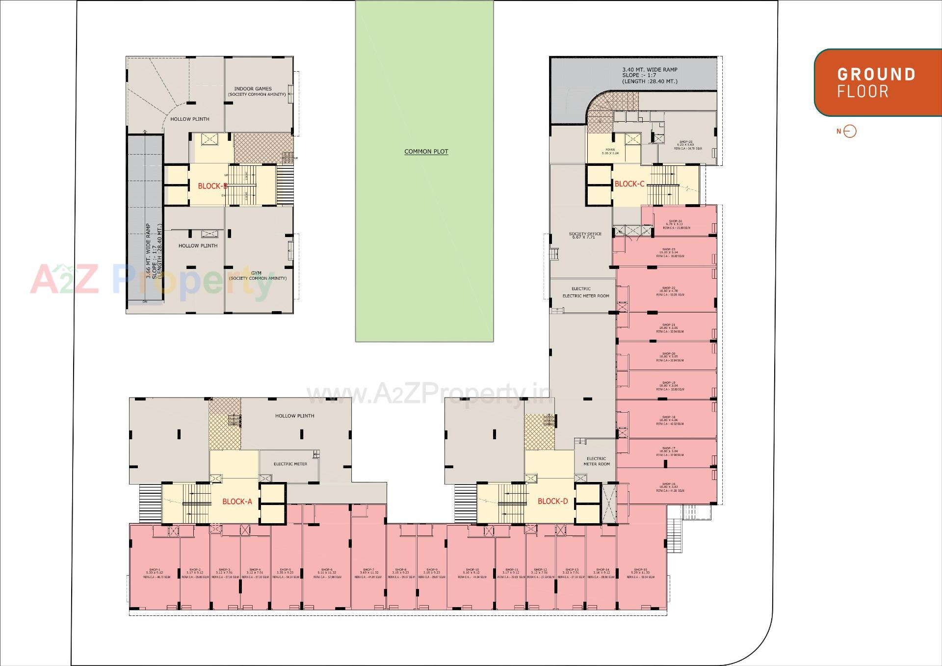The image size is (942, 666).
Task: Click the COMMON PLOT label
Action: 426,152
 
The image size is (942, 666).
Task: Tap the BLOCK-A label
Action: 237,502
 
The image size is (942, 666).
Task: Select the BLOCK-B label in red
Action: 212,186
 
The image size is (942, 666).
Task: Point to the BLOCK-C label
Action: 629,184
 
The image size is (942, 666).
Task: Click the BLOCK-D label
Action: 552,501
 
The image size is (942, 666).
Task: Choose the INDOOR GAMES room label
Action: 253,89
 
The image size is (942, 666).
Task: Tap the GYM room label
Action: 256,273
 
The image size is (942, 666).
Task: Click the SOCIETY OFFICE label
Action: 585,234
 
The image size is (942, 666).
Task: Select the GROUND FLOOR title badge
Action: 876,82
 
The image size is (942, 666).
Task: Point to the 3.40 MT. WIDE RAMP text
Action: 650,70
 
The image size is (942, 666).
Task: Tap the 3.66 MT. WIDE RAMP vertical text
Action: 149,251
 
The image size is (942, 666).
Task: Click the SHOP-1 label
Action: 154,570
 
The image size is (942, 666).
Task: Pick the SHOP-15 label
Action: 640,570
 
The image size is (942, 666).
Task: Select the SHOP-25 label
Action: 686,142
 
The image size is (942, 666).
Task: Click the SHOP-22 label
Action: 669,288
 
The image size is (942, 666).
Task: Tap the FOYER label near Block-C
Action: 610,150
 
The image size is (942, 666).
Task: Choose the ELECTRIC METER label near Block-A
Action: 290,464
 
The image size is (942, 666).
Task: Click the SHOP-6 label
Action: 327,570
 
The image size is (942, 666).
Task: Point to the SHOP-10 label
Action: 471,570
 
